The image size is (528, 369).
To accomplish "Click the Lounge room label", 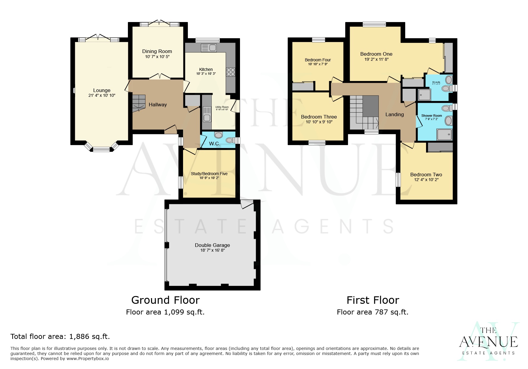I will click(x=102, y=90).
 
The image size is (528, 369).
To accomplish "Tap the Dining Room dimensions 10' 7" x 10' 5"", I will click(x=157, y=57).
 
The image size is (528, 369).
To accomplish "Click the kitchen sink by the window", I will click(x=209, y=48).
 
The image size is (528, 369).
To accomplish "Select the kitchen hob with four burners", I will click(x=231, y=72).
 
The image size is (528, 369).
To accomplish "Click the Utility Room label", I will click(x=222, y=107).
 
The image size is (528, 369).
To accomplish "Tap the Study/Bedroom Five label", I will click(x=209, y=174).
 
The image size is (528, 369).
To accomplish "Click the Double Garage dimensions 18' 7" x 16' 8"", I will click(x=212, y=250).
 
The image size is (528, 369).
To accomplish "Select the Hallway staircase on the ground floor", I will click(x=139, y=103).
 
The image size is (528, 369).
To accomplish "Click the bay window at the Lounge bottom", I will click(x=101, y=149).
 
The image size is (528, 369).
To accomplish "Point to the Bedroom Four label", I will click(x=318, y=60).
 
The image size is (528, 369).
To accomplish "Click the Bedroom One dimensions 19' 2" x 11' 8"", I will click(x=376, y=59).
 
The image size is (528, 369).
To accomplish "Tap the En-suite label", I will click(x=436, y=82).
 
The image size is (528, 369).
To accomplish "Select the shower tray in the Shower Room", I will click(x=444, y=134).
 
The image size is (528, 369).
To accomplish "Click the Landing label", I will click(x=394, y=114).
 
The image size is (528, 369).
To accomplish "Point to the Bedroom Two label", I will click(x=426, y=175).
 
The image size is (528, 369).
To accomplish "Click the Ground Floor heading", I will click(x=165, y=300).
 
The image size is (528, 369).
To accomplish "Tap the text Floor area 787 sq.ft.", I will click(x=372, y=312).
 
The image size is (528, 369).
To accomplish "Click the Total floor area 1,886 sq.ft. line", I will click(x=60, y=337).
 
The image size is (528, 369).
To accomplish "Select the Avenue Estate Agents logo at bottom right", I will click(x=488, y=342).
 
